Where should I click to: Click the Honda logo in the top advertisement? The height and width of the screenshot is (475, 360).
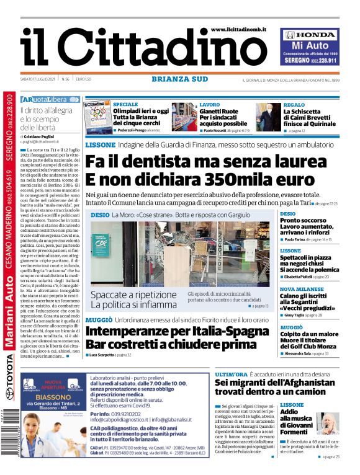point(310,35)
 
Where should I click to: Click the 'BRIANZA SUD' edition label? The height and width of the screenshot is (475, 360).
point(179,79)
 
